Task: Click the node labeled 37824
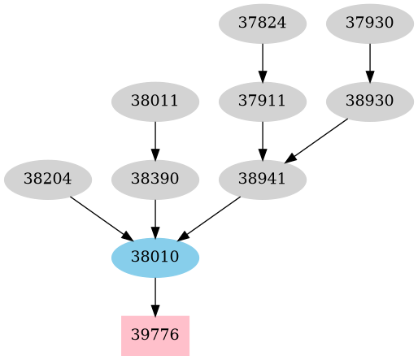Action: [x=263, y=23]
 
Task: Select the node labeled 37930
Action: [x=370, y=23]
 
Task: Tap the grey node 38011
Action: [x=155, y=102]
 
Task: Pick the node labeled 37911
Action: [x=263, y=102]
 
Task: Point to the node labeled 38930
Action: [x=370, y=102]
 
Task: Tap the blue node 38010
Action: [x=155, y=257]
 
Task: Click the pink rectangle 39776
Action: [x=155, y=335]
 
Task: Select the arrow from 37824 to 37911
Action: [x=263, y=62]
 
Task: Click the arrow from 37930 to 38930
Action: [x=370, y=62]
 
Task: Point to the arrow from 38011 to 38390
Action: [x=155, y=140]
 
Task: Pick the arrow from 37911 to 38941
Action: [x=263, y=140]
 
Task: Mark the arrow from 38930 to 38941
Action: [x=316, y=141]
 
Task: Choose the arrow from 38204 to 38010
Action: [x=98, y=215]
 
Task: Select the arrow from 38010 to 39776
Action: [x=155, y=296]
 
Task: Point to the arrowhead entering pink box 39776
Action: [x=155, y=310]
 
